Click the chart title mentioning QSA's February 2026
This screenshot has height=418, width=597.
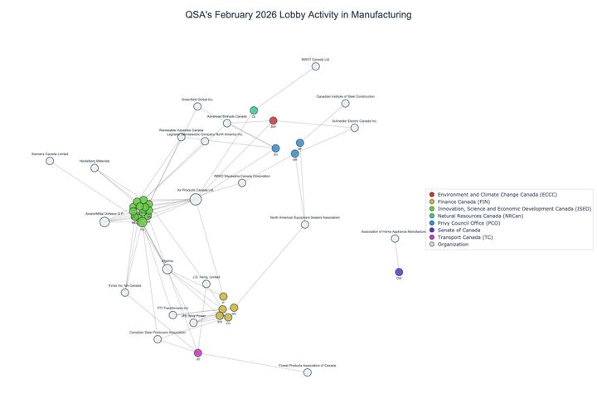(x=298, y=15)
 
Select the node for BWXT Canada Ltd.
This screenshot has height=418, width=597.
(x=316, y=66)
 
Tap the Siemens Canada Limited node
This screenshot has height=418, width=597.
(x=50, y=160)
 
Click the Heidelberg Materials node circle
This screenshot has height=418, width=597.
(x=95, y=168)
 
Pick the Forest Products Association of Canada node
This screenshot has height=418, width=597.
(x=308, y=372)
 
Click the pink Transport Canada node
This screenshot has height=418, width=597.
(x=197, y=352)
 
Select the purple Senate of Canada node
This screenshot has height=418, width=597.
(x=399, y=272)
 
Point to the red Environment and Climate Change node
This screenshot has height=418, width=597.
(x=273, y=121)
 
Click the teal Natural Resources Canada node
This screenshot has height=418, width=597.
(x=254, y=111)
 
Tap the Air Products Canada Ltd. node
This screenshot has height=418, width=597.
(x=196, y=199)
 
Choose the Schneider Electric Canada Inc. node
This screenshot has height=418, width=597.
(x=355, y=128)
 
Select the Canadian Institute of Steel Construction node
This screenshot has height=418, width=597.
(x=345, y=104)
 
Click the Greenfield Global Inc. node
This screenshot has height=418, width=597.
(x=197, y=106)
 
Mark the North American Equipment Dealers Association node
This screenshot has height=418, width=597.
(x=305, y=224)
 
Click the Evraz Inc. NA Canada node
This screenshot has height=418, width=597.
(x=124, y=292)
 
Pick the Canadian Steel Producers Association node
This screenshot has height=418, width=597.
(x=158, y=339)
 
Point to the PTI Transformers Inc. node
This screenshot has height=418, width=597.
(x=173, y=314)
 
